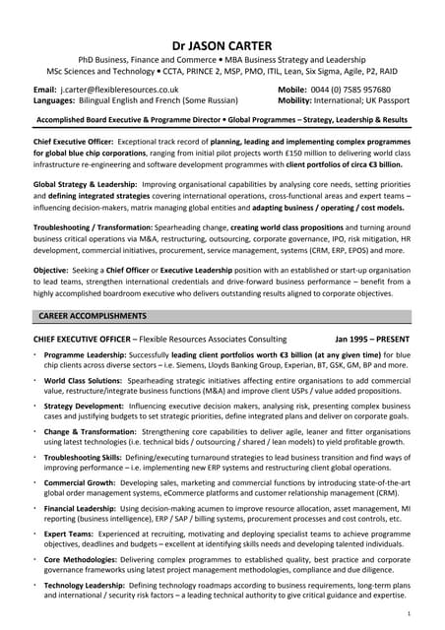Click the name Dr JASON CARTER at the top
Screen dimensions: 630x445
(222, 45)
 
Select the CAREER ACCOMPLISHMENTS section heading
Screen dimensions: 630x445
(92, 316)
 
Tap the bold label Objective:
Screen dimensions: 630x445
(51, 269)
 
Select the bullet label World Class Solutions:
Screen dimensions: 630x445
(87, 379)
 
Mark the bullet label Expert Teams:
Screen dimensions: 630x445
(70, 535)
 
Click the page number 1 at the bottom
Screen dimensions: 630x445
(421, 612)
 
